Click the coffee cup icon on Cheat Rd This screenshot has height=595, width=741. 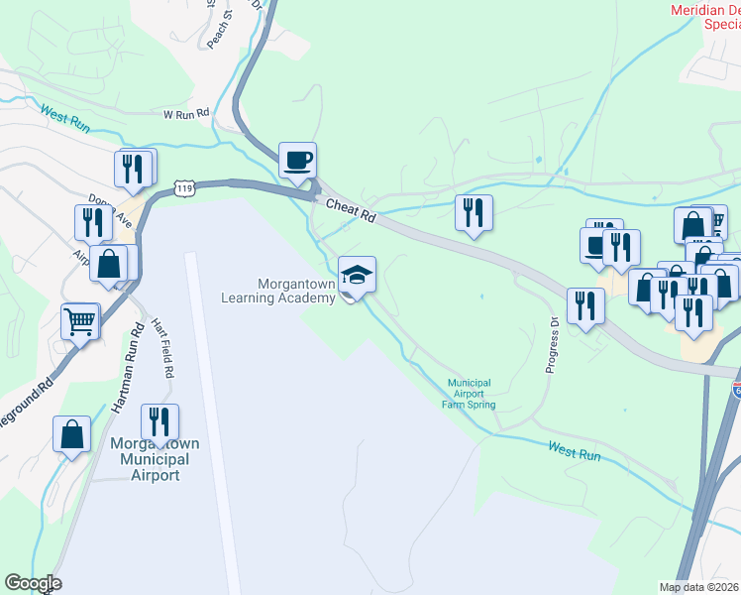click(297, 159)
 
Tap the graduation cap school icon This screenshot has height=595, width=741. click(357, 275)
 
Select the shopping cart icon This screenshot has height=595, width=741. click(80, 320)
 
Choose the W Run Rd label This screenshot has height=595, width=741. click(188, 114)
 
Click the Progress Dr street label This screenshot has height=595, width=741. click(554, 345)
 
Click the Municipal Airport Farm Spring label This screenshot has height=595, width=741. click(470, 394)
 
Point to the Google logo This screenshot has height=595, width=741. click(34, 583)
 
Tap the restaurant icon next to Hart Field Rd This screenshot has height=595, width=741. click(159, 420)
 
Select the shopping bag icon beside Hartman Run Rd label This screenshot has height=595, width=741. click(72, 433)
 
